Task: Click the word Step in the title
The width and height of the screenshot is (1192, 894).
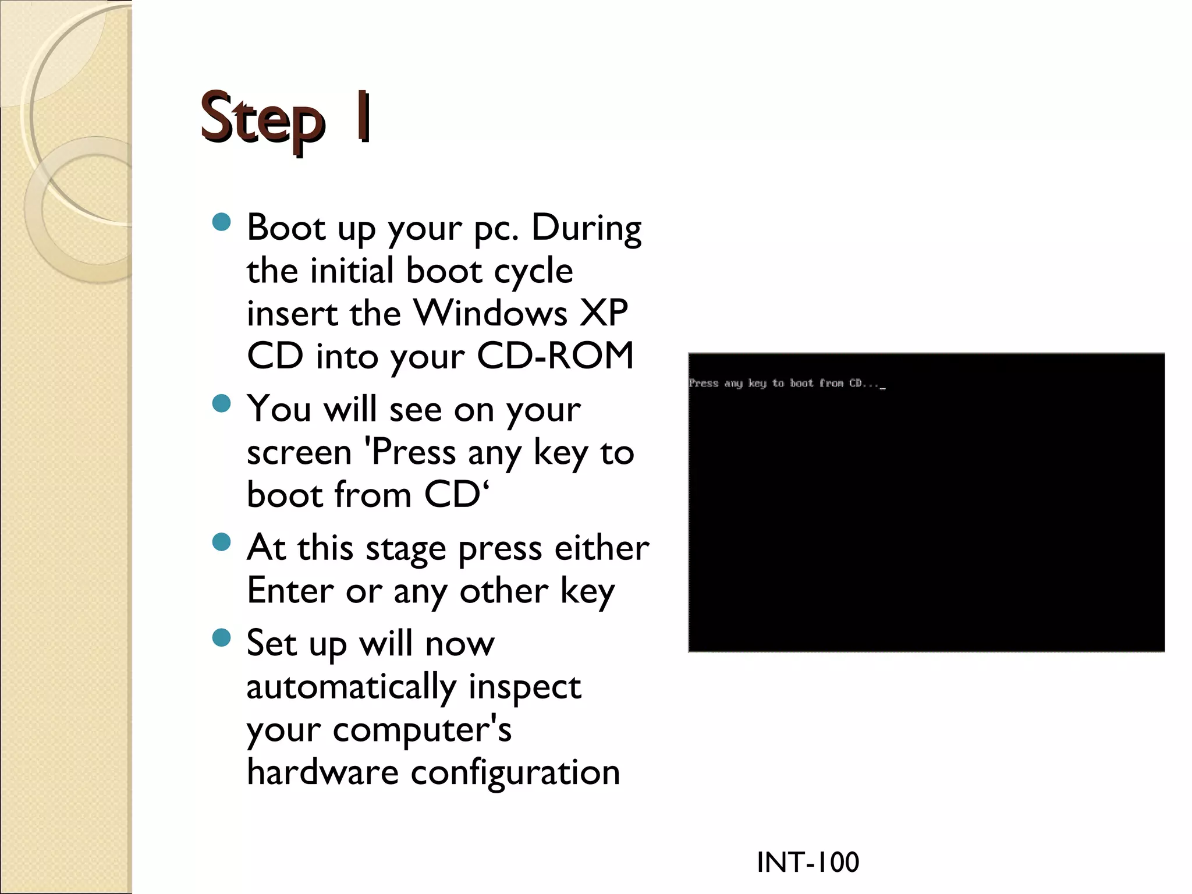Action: point(262,121)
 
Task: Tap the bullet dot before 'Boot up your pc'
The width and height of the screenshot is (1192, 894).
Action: point(222,222)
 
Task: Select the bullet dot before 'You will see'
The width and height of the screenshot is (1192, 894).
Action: point(222,403)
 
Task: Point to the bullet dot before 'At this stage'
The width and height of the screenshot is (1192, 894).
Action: point(222,542)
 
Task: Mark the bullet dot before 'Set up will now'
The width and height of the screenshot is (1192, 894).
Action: point(222,637)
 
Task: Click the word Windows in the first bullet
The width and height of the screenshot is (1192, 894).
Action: point(490,313)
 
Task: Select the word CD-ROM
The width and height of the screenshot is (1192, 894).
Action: point(555,356)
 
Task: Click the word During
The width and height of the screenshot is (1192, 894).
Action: point(586,228)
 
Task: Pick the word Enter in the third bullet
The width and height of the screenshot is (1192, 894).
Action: point(290,591)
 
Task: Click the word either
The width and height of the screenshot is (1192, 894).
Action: point(602,548)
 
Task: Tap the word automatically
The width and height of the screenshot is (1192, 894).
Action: point(351,687)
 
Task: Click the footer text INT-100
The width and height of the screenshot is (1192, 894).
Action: point(808,862)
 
